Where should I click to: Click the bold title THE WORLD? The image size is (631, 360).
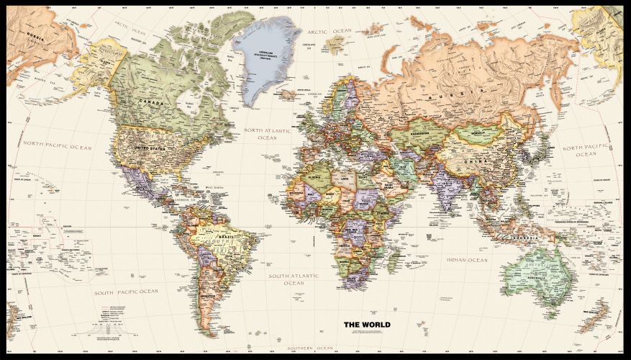click(367, 324)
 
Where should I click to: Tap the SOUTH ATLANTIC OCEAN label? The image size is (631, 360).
click(294, 279)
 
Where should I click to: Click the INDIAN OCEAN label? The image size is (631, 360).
click(466, 260)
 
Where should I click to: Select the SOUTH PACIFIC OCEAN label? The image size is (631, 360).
click(125, 292)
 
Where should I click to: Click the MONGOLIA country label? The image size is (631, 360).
click(478, 132)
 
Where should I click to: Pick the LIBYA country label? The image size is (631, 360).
click(345, 178)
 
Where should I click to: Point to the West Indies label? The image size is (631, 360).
click(215, 189)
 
